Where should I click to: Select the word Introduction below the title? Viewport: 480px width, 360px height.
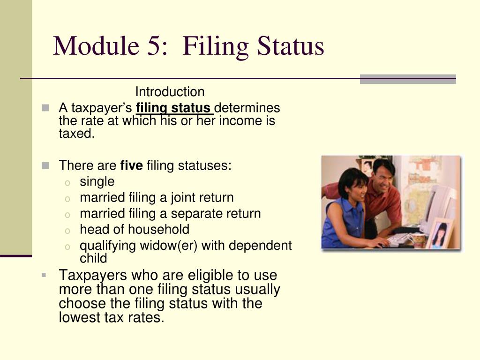point(170,92)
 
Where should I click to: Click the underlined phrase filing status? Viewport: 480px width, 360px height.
point(174,108)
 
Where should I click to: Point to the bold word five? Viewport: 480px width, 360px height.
point(131,165)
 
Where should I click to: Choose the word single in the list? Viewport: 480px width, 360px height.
point(97,181)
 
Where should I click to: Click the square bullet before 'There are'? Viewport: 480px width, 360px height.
point(45,165)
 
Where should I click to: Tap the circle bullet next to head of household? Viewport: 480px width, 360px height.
point(68,230)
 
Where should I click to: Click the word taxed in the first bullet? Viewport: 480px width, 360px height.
point(77,134)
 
